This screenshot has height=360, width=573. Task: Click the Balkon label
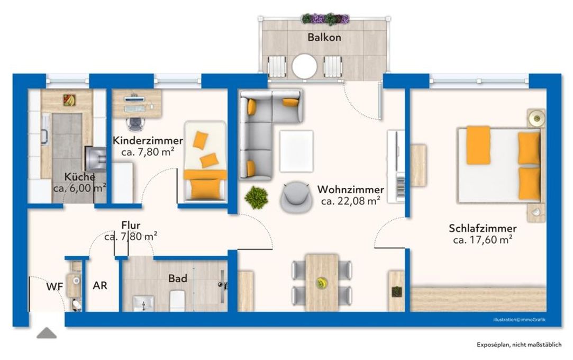tap(324, 38)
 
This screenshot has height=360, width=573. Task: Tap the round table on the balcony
tap(305, 67)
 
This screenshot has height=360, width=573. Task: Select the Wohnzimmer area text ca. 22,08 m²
tap(351, 201)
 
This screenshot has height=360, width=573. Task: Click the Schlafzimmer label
tap(483, 229)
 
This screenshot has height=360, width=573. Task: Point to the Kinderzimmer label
tap(148, 141)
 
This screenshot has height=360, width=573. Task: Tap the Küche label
tap(80, 177)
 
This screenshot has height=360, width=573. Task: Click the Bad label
tap(178, 278)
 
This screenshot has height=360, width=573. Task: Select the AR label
tap(100, 286)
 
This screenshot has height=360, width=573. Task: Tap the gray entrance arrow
tap(47, 333)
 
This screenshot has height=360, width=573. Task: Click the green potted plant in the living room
tap(256, 197)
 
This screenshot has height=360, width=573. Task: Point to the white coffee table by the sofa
tap(296, 151)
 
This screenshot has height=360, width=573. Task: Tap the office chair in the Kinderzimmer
tap(135, 123)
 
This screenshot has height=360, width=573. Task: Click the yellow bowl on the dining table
tap(321, 283)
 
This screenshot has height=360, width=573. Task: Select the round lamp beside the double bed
tap(536, 118)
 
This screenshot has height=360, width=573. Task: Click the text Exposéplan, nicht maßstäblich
tap(519, 345)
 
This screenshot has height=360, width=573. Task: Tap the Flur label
tap(130, 226)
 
